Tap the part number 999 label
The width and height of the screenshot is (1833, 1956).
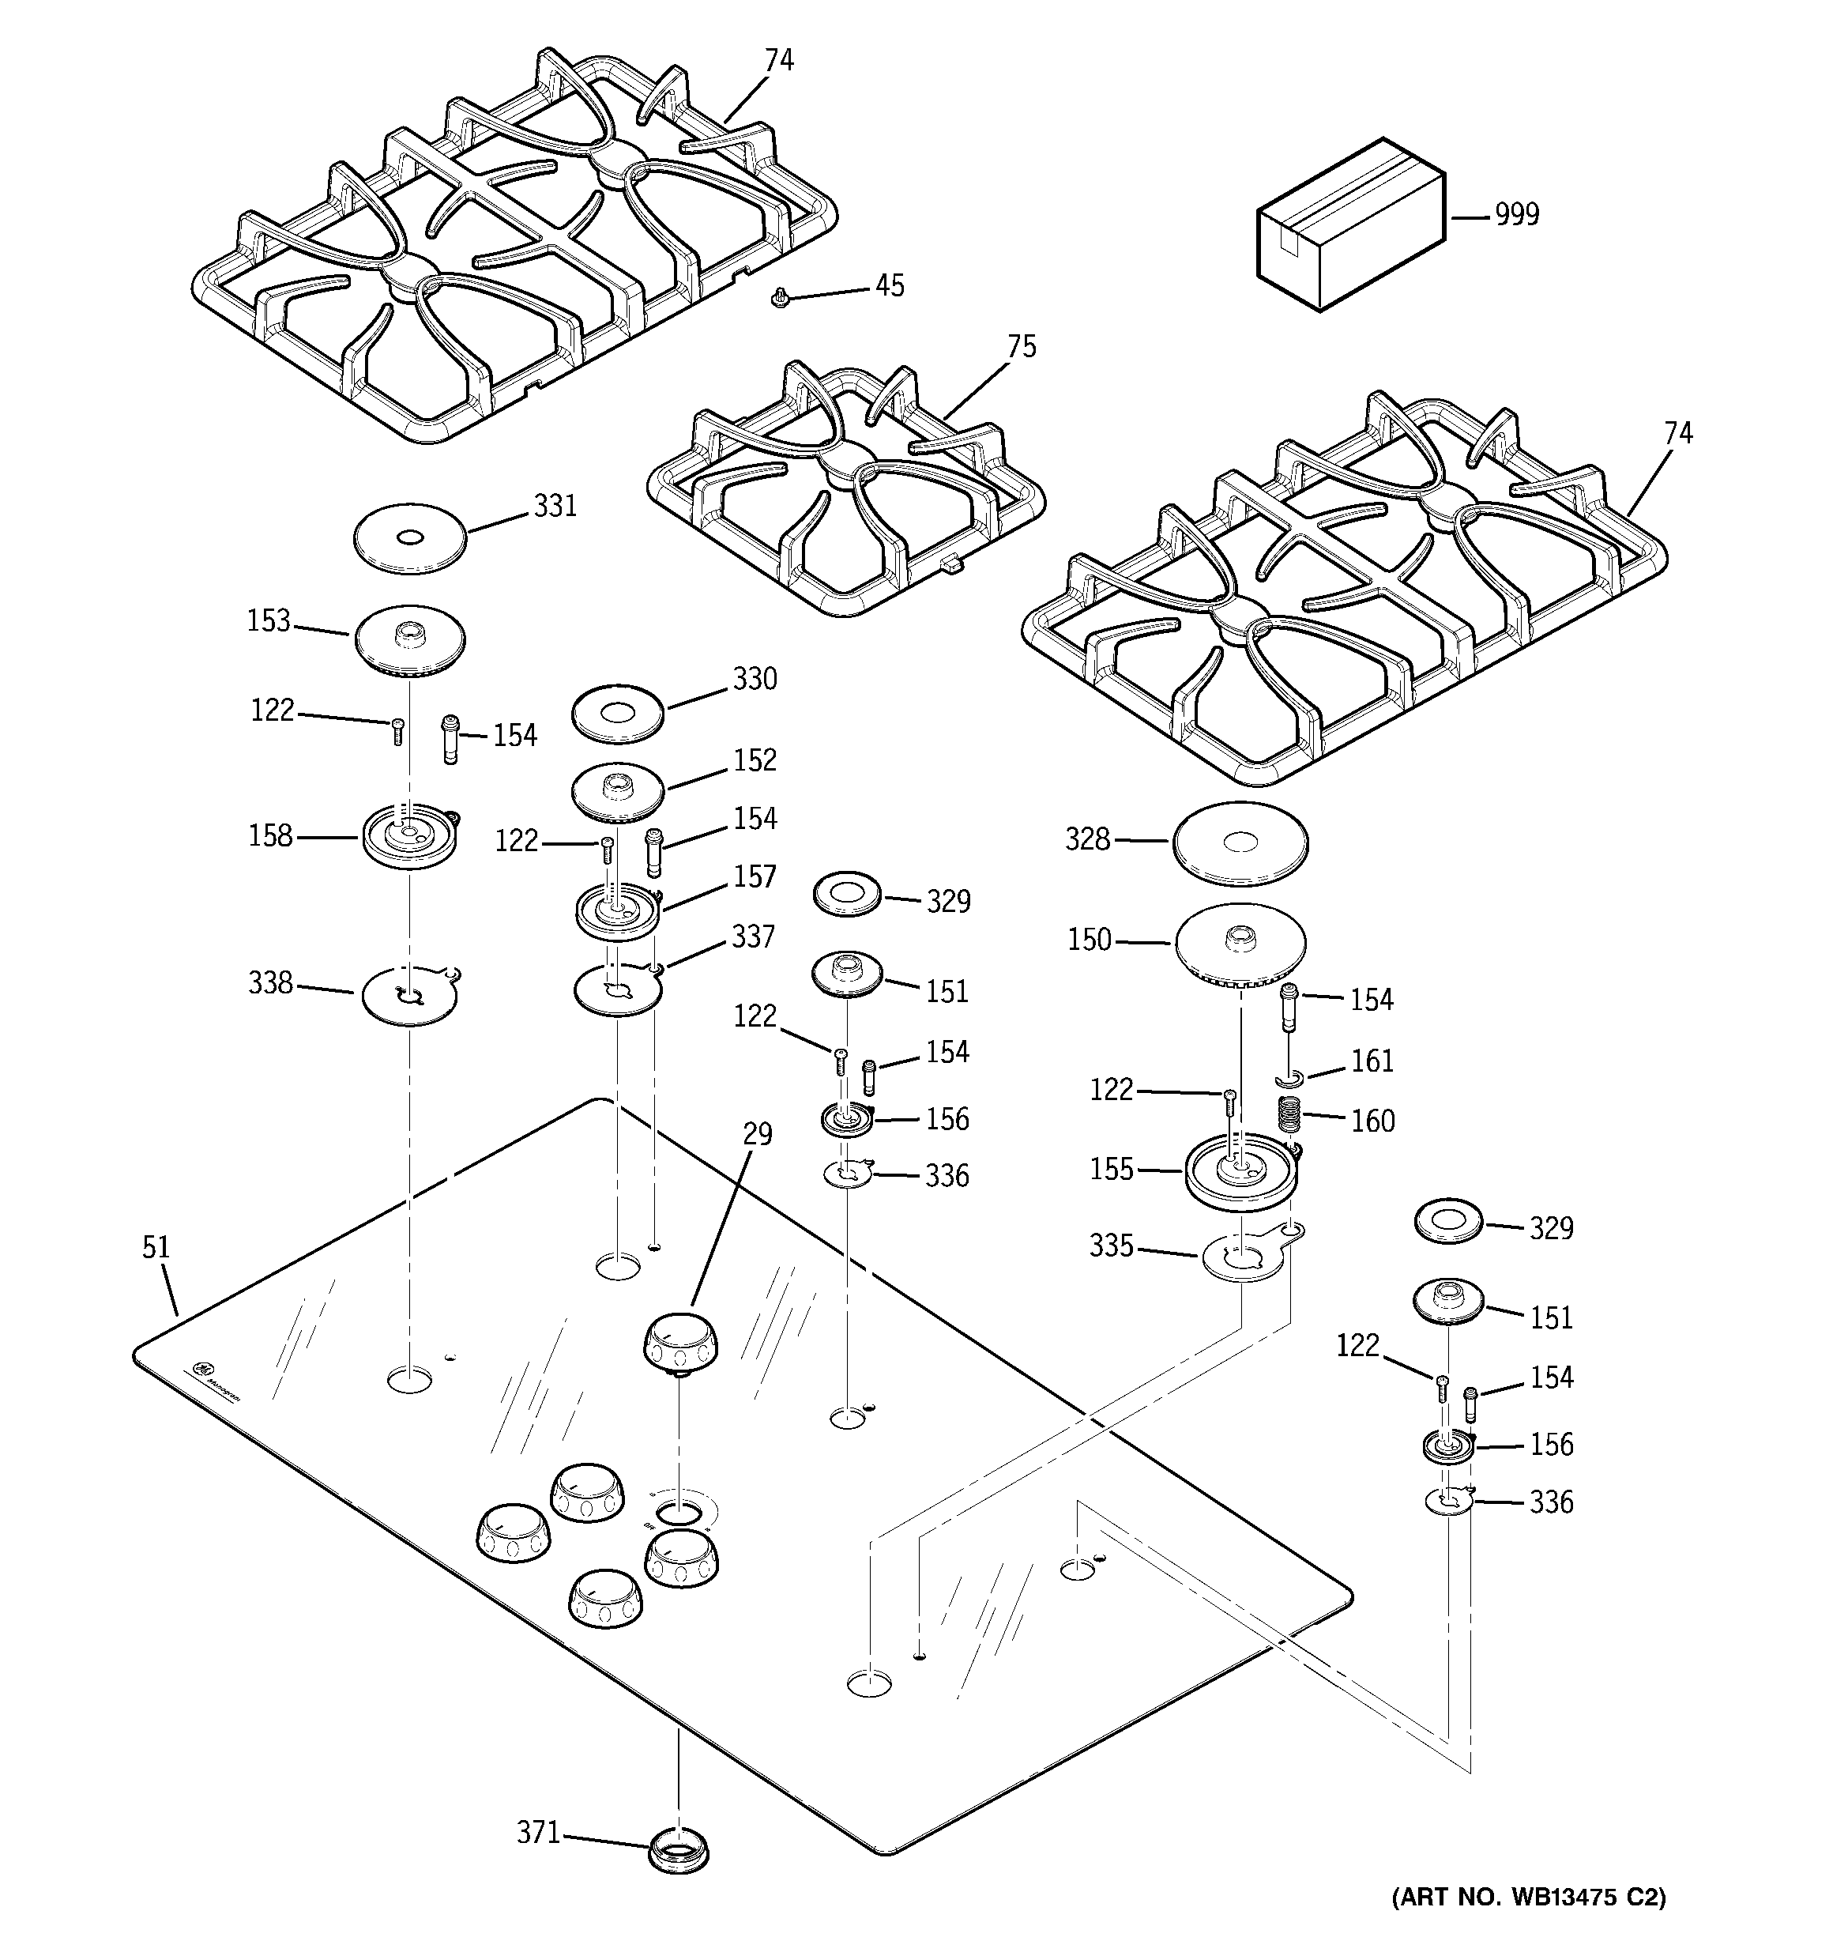coord(1516,214)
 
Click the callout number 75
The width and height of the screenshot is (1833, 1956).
coord(1022,346)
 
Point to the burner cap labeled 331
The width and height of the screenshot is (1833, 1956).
coord(408,538)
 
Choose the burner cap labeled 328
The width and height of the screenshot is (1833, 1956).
coord(1240,842)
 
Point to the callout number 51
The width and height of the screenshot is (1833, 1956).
coord(156,1248)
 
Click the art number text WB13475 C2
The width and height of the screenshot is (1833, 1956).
coord(1528,1924)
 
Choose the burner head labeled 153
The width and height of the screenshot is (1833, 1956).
coord(408,639)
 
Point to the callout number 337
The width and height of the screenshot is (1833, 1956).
coord(753,936)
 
